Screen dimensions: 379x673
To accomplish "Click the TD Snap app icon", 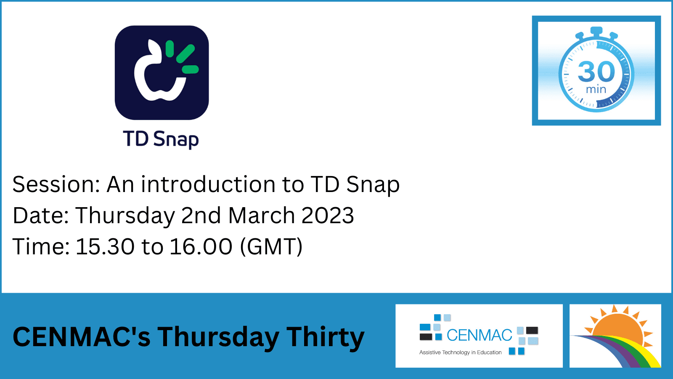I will pos(162,72).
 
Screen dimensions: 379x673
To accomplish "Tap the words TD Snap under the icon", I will pos(161,139).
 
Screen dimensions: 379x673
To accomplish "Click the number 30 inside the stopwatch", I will pos(596,72).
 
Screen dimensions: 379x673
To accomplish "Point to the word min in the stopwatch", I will pos(596,89).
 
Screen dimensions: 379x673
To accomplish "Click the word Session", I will pos(56,184).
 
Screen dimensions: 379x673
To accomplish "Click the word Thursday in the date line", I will pos(125,216).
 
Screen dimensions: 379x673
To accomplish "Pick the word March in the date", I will pos(261,216).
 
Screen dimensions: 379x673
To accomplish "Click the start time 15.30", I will pos(105,246).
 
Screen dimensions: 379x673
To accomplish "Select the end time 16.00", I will pos(201,246).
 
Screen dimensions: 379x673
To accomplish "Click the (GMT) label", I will pos(271,247).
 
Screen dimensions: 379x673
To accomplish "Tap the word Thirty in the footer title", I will pos(325,337).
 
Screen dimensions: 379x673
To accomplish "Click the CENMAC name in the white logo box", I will pos(479,335).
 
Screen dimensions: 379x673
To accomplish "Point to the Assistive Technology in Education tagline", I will pos(460,352).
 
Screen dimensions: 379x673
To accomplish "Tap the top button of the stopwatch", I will pos(596,31).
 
